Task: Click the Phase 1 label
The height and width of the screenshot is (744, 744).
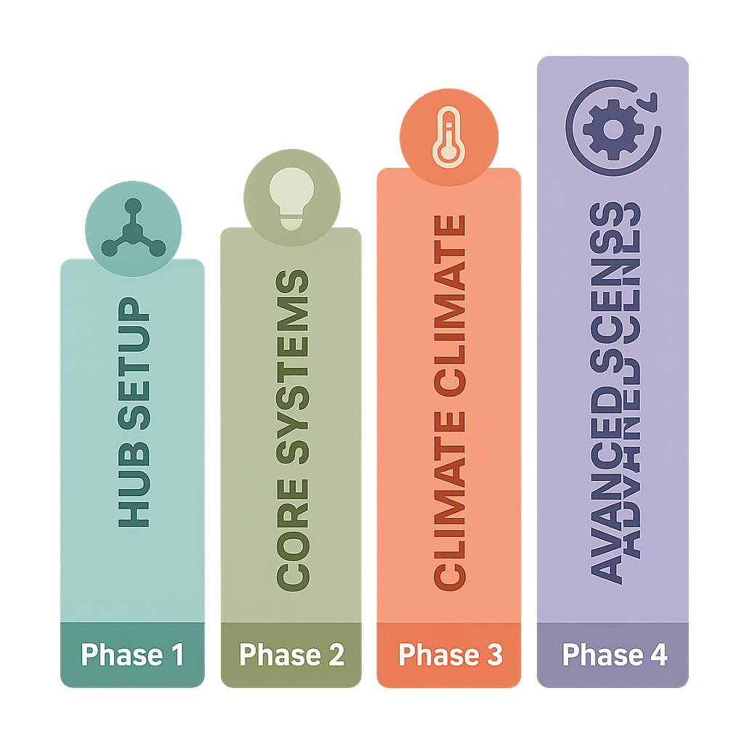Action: click(x=132, y=655)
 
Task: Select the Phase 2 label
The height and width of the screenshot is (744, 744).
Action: click(x=291, y=655)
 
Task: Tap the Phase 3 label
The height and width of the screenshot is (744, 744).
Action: click(x=450, y=655)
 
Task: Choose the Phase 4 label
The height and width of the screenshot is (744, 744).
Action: click(x=614, y=655)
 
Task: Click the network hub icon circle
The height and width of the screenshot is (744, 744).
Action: click(x=133, y=230)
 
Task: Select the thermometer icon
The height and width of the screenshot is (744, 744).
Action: click(x=449, y=138)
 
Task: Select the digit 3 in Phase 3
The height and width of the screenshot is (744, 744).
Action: click(x=493, y=655)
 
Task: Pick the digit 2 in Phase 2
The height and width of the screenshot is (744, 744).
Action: click(x=335, y=655)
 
